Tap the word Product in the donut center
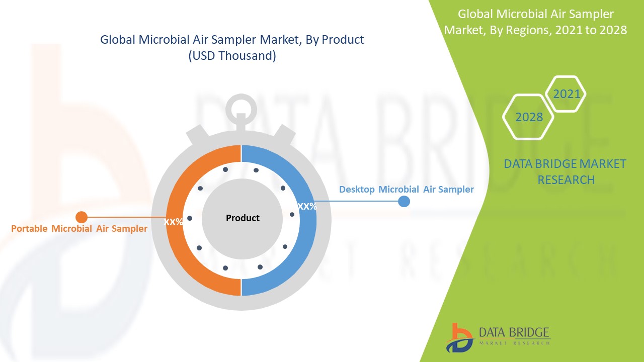(x=243, y=218)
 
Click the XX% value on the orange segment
(x=174, y=222)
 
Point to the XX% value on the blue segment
(x=307, y=206)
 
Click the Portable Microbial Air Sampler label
(x=79, y=229)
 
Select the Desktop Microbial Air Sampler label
(x=407, y=190)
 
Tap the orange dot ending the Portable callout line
(x=82, y=217)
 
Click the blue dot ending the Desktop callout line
(x=404, y=202)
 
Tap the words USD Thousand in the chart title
(x=232, y=55)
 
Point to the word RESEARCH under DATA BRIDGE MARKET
(x=566, y=180)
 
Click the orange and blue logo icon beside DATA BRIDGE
(x=459, y=337)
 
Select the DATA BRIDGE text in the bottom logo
(x=514, y=332)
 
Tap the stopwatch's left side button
(x=198, y=134)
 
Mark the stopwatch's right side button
(x=285, y=134)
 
